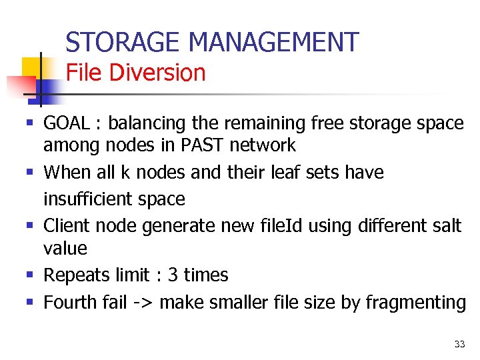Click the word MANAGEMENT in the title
[273, 43]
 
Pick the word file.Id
[264, 226]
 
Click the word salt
[445, 226]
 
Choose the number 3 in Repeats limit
[172, 275]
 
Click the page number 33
[459, 344]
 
